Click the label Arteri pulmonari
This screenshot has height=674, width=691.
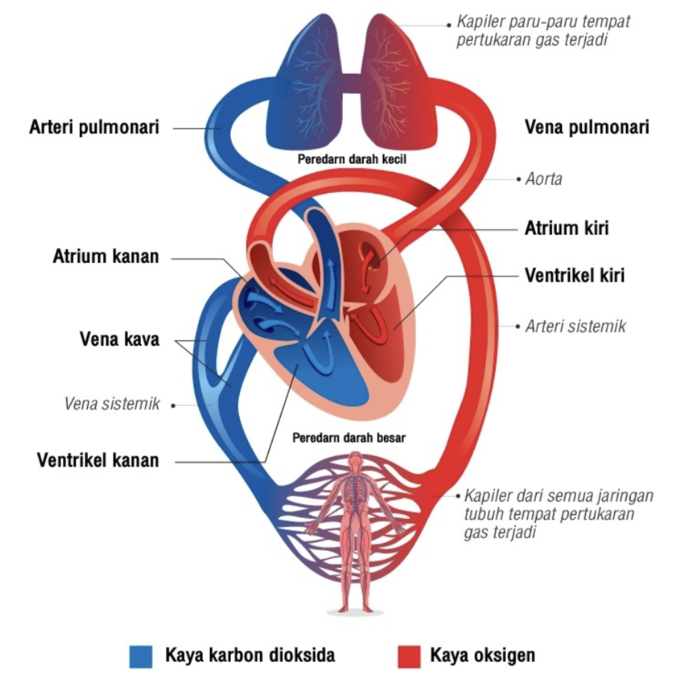[94, 127]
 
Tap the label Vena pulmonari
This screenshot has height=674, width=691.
[587, 127]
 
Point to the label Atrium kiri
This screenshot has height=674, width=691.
[567, 227]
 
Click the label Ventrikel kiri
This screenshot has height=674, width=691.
[574, 275]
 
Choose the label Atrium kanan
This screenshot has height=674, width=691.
[106, 257]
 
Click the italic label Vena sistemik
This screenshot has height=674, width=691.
[113, 404]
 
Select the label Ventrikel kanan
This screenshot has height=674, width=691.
[98, 459]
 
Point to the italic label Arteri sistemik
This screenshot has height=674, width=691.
[575, 326]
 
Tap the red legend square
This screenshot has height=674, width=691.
[407, 656]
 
